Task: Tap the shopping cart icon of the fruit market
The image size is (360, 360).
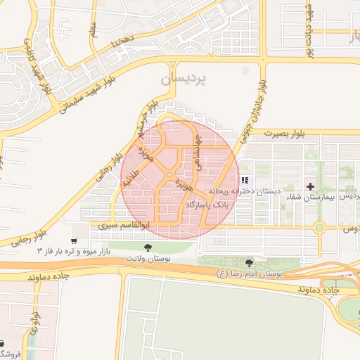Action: click(x=74, y=240)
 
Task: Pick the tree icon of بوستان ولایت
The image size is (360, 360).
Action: click(x=148, y=247)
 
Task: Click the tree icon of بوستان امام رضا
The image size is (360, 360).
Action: click(x=250, y=262)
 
